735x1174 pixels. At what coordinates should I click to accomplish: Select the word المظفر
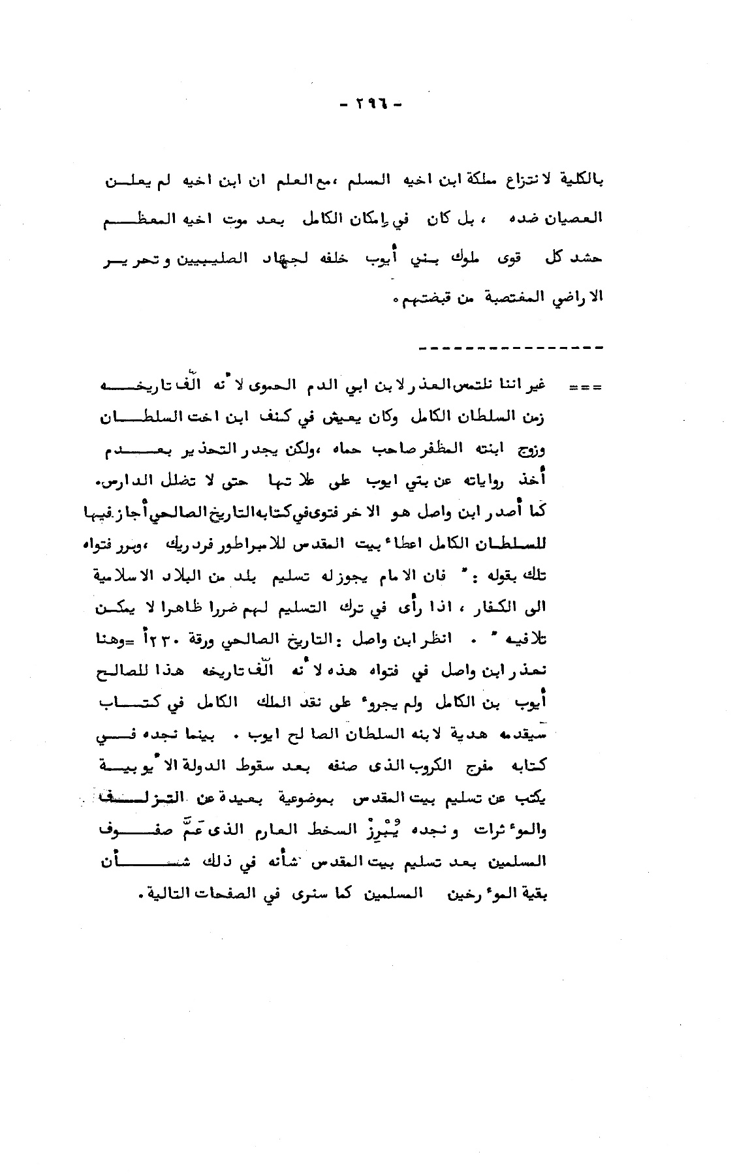pos(430,449)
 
